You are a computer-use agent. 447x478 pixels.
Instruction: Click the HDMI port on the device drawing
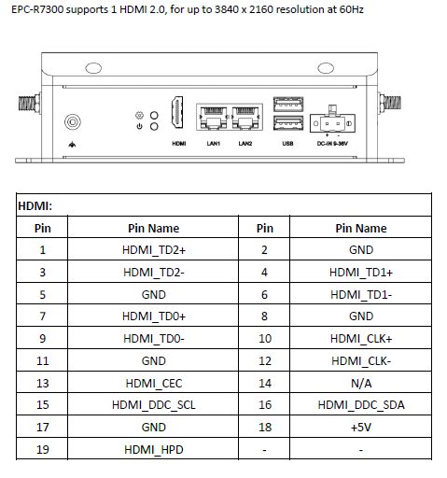pyautogui.click(x=177, y=113)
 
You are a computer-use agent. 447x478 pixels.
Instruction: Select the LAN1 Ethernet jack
pyautogui.click(x=213, y=118)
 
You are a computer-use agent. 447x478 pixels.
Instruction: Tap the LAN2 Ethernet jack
pyautogui.click(x=245, y=118)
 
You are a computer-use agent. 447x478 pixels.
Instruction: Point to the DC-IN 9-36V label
pyautogui.click(x=332, y=144)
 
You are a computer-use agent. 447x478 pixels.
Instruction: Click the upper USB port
pyautogui.click(x=288, y=105)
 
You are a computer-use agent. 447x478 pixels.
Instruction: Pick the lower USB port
pyautogui.click(x=288, y=123)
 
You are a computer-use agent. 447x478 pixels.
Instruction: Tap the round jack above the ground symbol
pyautogui.click(x=73, y=121)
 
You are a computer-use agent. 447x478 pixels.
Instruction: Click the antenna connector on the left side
pyautogui.click(x=30, y=103)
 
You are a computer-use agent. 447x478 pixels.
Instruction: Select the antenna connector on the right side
pyautogui.click(x=389, y=103)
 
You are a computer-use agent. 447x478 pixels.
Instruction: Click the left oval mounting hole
pyautogui.click(x=93, y=68)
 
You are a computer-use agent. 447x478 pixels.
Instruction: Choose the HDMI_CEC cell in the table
pyautogui.click(x=154, y=383)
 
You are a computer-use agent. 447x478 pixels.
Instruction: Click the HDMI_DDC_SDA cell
pyautogui.click(x=361, y=405)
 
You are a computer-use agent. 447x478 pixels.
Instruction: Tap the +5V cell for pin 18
pyautogui.click(x=361, y=428)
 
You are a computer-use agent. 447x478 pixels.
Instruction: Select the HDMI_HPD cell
pyautogui.click(x=154, y=450)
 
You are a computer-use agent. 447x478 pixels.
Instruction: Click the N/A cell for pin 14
pyautogui.click(x=361, y=383)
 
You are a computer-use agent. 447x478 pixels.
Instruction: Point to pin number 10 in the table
pyautogui.click(x=265, y=338)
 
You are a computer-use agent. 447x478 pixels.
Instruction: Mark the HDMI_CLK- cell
pyautogui.click(x=361, y=361)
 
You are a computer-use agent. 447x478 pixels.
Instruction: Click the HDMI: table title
pyautogui.click(x=35, y=205)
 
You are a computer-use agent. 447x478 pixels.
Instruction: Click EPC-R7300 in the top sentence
pyautogui.click(x=37, y=9)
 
